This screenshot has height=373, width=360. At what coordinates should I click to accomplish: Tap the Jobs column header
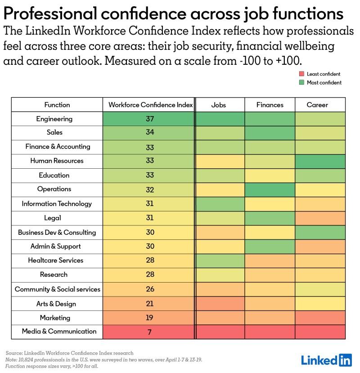[x=219, y=105]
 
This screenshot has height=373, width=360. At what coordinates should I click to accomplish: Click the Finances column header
[x=270, y=105]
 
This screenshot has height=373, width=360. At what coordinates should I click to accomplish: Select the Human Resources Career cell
[x=320, y=161]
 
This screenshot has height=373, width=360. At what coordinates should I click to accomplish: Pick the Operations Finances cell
[x=270, y=189]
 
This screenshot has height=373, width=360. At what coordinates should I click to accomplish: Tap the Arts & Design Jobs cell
[x=220, y=304]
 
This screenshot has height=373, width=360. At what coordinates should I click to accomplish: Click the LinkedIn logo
[x=326, y=360]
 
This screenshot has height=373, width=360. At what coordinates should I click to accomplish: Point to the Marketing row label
[x=55, y=318]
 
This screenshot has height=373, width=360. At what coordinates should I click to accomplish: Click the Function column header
[x=57, y=105]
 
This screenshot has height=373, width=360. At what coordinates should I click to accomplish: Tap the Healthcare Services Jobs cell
[x=220, y=261]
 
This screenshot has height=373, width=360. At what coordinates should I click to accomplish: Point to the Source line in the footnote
[x=70, y=353]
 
